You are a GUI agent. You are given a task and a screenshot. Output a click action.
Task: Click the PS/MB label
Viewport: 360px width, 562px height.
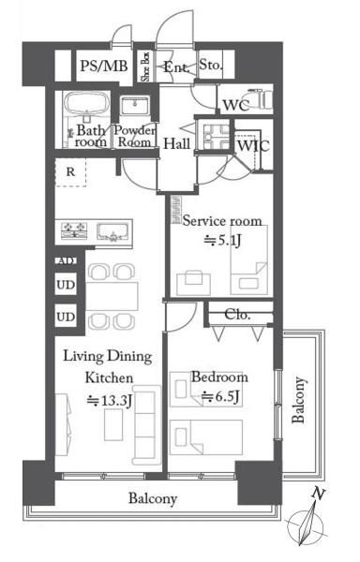104,67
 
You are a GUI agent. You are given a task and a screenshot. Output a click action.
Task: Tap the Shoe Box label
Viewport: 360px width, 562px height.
145,66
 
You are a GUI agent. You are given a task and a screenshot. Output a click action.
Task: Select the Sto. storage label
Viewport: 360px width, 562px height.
211,65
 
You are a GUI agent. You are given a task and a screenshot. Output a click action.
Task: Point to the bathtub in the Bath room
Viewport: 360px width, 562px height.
86,104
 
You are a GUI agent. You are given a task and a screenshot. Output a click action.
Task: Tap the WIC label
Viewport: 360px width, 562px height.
253,146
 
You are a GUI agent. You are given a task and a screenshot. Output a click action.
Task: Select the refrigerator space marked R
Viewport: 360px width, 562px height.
70,172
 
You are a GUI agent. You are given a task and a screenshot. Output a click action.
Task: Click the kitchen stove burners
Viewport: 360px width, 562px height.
75,230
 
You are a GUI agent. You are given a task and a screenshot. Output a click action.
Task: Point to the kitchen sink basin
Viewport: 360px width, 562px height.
112,232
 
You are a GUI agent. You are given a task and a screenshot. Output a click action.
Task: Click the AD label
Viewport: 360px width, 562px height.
66,261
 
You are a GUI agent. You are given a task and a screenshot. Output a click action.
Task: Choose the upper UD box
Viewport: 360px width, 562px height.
66,284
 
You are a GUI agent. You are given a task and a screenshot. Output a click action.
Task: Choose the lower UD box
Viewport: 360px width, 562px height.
66,316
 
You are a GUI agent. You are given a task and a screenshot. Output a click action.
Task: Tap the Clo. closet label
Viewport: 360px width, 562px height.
237,315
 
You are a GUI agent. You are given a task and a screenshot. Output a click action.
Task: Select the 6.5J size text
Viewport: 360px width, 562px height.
220,397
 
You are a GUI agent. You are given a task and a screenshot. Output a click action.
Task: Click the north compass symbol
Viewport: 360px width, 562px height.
306,523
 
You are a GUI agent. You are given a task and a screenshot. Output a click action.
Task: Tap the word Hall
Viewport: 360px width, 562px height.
177,143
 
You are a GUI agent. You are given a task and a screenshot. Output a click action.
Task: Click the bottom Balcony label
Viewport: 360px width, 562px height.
153,498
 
